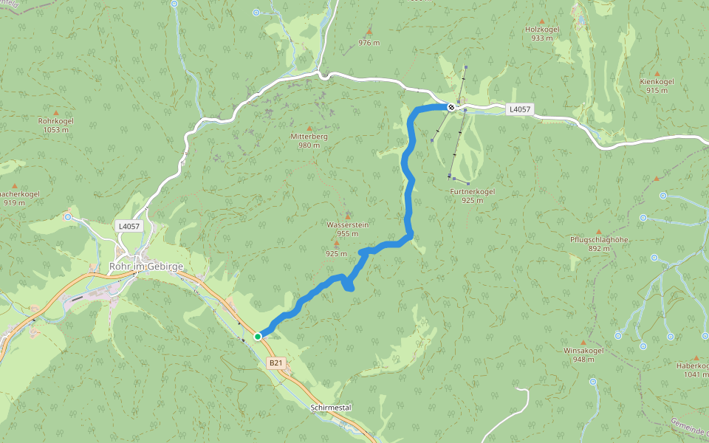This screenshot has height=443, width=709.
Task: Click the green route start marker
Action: pos(258,337)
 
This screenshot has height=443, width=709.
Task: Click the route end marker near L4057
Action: pos(451,107)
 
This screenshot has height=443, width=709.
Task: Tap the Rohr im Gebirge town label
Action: pos(145,267)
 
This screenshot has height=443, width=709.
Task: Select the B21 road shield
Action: pos(275,363)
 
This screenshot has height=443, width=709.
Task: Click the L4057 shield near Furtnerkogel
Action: pos(519,109)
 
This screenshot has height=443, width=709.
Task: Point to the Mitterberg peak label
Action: pos(309,137)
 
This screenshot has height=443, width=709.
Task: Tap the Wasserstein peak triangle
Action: pos(348,216)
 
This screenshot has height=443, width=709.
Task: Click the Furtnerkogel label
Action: pos(472,191)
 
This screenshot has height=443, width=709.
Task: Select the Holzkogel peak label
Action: pos(541,29)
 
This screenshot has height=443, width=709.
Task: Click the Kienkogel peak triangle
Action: pos(657,74)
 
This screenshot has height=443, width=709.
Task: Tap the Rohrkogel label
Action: pos(55,120)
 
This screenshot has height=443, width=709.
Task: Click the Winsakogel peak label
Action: pos(583,351)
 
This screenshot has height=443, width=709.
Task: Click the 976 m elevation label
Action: pos(369,43)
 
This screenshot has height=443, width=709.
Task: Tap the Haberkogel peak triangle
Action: pos(696,357)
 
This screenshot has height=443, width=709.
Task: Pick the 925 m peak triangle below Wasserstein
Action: pos(336,243)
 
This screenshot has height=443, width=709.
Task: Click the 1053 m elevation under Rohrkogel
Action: pos(55,129)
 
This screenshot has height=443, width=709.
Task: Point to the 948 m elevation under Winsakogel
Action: pos(583,360)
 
